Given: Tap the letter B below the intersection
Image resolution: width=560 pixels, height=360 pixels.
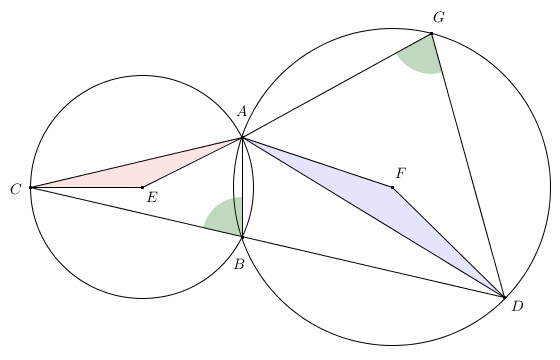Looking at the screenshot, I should tap(239, 264).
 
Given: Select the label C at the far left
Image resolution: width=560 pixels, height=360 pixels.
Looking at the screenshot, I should tap(14, 188).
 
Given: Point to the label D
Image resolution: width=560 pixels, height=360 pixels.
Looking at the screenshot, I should tap(517, 306).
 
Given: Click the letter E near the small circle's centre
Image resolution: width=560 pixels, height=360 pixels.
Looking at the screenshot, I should tap(152, 198).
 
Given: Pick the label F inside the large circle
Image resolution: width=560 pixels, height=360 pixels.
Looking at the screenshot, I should tap(401, 173).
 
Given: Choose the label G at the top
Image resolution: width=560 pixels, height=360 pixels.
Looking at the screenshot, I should tap(438, 18).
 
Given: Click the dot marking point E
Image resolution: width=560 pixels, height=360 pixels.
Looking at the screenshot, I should tap(142, 187).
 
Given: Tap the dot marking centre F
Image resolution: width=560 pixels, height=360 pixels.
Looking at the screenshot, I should tap(392, 187).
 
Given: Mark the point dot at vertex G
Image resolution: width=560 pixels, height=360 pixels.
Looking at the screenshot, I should tap(431, 34).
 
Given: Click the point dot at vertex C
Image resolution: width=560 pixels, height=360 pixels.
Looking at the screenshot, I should tap(31, 187).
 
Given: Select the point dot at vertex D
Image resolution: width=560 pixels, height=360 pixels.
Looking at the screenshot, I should tap(504, 297).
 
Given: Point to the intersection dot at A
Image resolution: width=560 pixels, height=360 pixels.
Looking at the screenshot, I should tap(241, 138).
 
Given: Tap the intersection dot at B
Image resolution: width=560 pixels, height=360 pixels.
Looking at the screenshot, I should tap(241, 236).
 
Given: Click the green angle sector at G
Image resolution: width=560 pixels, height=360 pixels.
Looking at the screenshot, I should tap(421, 55).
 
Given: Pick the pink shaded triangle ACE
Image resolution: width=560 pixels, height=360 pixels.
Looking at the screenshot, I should tap(140, 173).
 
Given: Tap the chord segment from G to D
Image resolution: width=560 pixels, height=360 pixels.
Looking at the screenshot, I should tap(467, 165).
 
